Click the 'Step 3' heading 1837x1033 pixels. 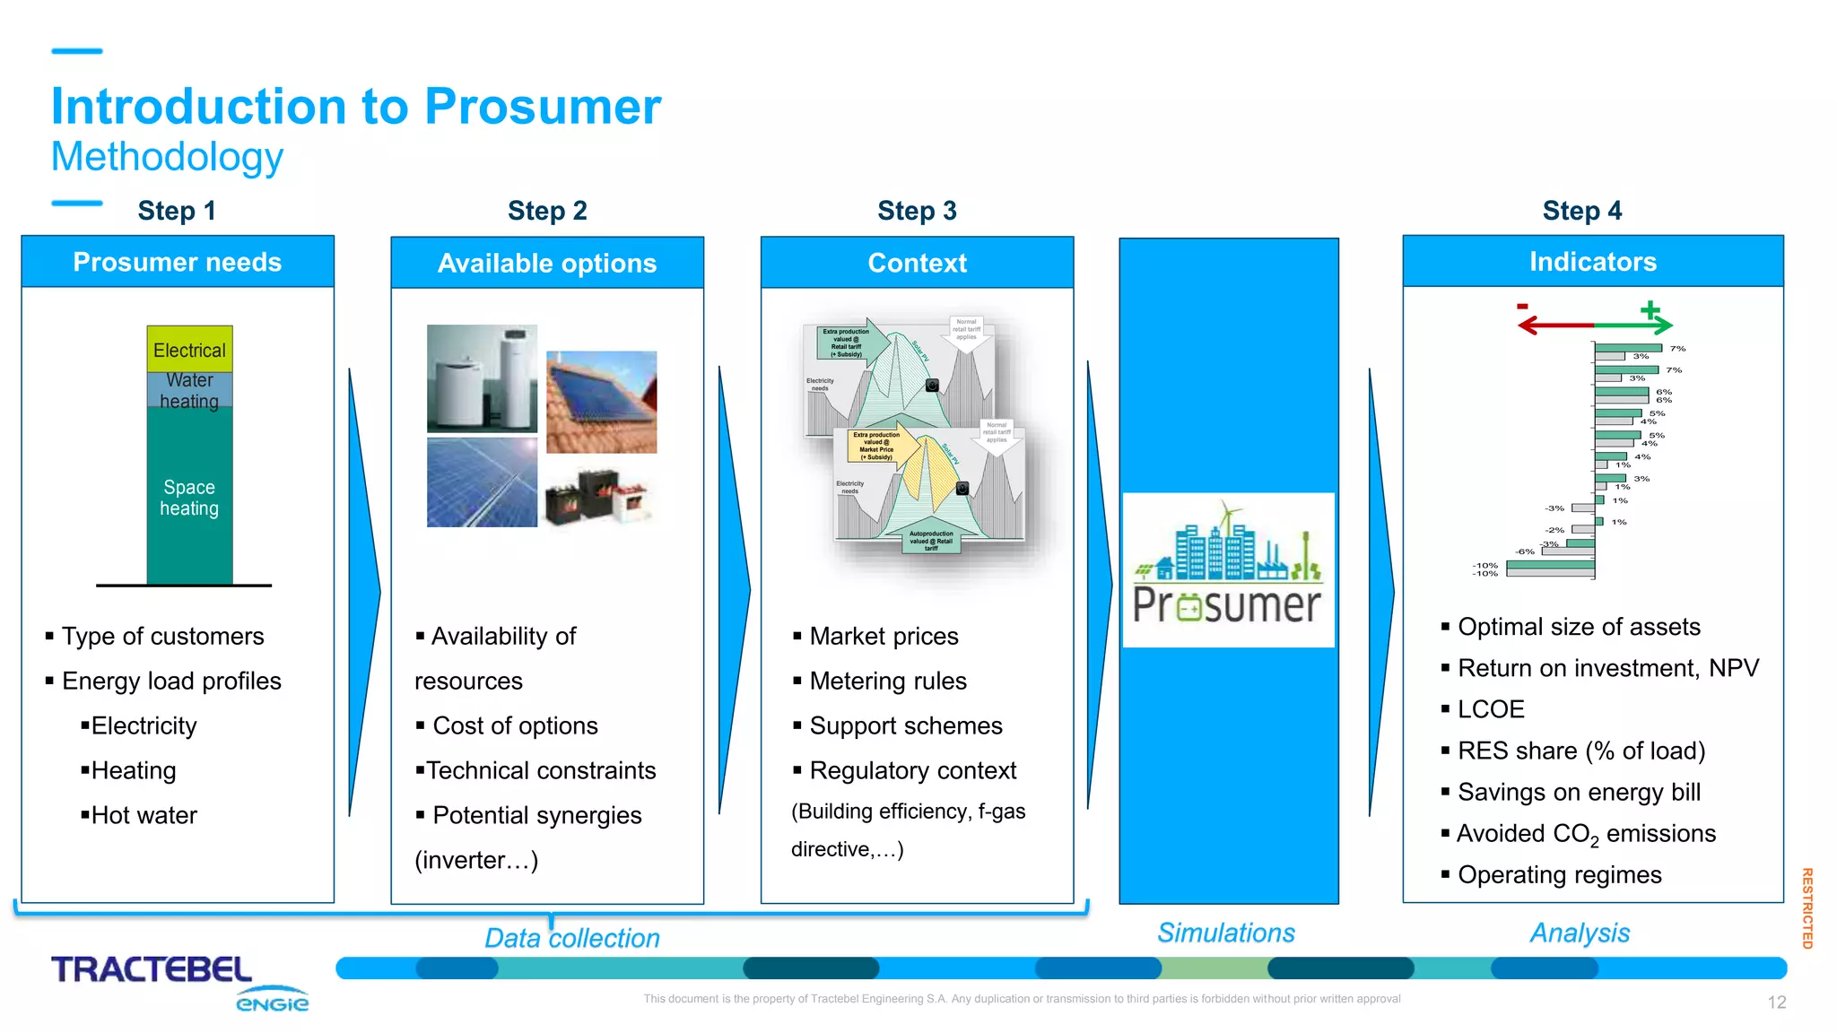917,211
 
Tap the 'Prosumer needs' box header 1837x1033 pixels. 178,262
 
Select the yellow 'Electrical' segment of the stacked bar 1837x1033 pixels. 189,350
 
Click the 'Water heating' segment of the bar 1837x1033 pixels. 189,391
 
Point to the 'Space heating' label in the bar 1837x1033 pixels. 189,498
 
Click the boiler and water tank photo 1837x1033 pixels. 482,378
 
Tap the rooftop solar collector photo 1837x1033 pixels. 601,402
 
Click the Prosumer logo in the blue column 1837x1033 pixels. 1227,570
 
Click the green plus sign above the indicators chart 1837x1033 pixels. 1650,310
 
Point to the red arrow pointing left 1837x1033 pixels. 1554,325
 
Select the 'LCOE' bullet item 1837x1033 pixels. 1490,709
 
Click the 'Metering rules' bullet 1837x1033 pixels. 887,681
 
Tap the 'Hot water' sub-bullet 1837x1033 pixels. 144,815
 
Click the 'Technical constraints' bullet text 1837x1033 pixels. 540,770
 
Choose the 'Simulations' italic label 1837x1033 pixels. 1225,933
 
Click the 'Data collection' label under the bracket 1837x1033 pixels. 572,938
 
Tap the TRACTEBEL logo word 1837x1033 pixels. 152,969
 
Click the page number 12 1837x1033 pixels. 1776,1003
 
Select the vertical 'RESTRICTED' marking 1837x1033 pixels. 1807,907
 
